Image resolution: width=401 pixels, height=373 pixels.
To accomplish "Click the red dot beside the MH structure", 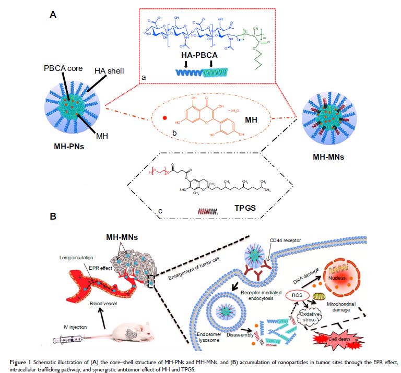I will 164,118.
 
